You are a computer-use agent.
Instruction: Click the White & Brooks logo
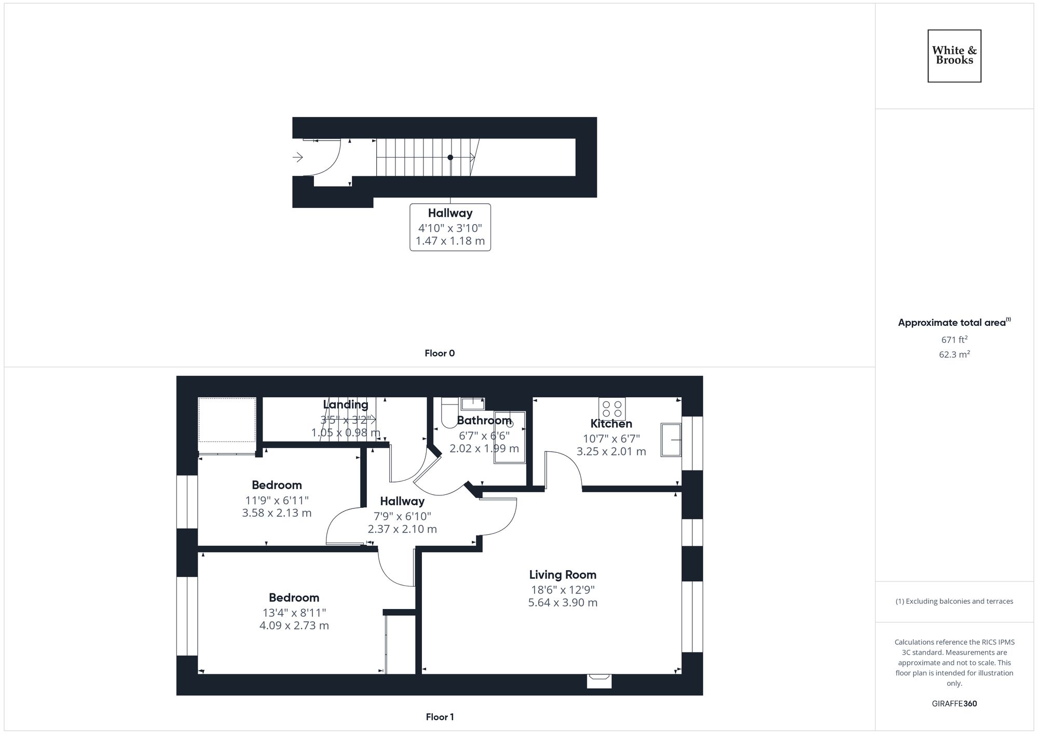(954, 56)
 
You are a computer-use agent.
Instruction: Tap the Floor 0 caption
(440, 353)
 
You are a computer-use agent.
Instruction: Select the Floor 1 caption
(440, 717)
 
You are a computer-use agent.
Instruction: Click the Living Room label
(563, 575)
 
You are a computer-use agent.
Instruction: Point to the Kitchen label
(611, 424)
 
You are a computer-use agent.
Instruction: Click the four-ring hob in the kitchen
(612, 409)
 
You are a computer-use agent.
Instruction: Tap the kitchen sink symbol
(671, 440)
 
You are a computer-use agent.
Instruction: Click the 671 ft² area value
(954, 340)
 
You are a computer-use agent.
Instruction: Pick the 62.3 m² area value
(954, 355)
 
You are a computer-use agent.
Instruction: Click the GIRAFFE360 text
(954, 703)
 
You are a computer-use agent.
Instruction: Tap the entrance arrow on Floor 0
(298, 157)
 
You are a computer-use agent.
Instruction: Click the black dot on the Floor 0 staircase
(450, 157)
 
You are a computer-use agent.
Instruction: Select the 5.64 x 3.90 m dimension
(563, 603)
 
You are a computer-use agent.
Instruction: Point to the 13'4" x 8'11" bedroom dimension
(294, 613)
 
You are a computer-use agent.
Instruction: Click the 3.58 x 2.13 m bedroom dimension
(277, 513)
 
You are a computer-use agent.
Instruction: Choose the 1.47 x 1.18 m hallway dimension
(450, 241)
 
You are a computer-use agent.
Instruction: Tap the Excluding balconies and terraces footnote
(954, 601)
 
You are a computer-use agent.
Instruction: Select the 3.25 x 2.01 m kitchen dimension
(611, 451)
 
